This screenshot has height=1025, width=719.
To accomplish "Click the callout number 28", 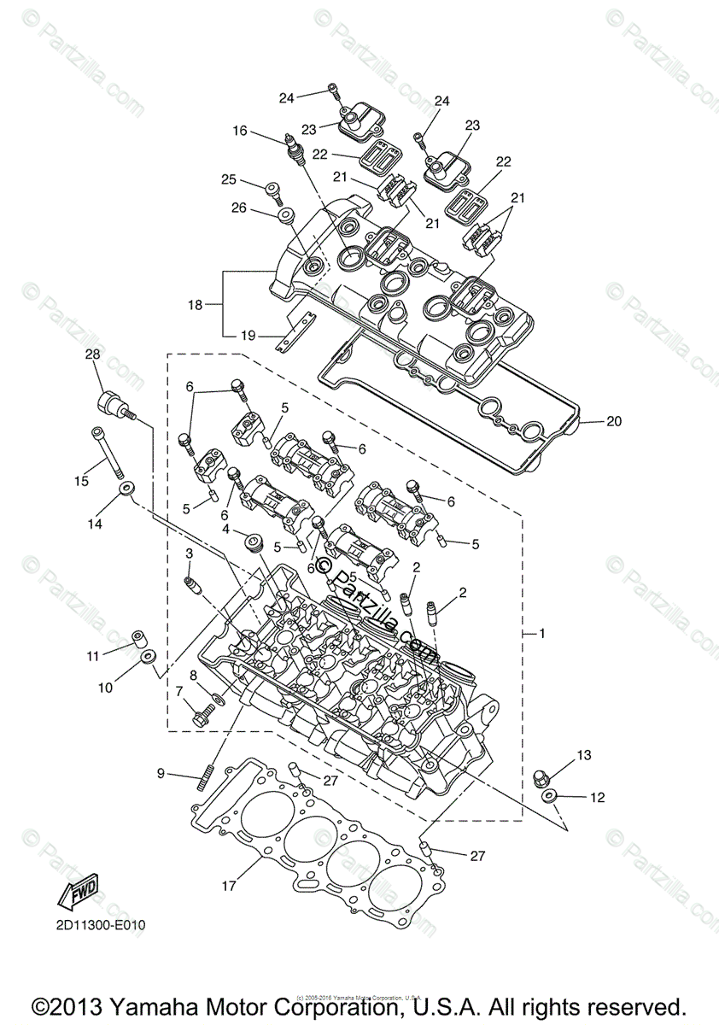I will point(92,354).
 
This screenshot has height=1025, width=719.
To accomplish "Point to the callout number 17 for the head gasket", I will point(230,886).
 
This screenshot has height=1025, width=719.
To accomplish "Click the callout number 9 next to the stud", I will point(161,774).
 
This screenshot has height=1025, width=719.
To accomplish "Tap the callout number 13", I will point(582,755).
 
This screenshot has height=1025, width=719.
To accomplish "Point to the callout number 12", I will point(596,797).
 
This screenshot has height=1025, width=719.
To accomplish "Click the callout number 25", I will point(228,179).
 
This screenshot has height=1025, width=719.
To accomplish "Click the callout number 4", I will point(225,530).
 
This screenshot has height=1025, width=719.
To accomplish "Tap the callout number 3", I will point(189,555).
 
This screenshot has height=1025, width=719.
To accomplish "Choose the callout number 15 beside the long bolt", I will point(81,481).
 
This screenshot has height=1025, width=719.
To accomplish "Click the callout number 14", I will point(94,524).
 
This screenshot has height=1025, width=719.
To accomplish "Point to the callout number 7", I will point(179,690).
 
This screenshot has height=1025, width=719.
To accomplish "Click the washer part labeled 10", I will point(148,657).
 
